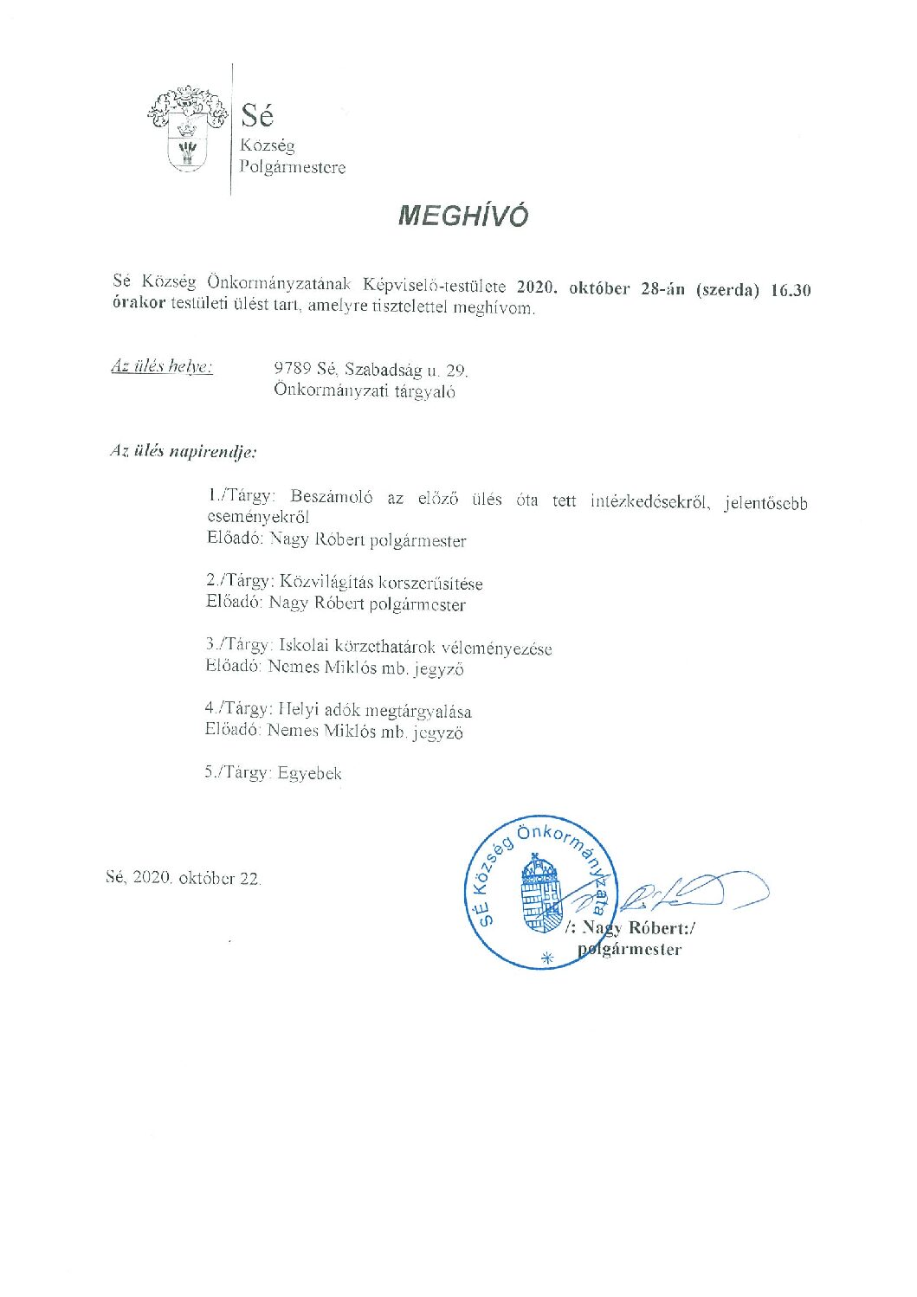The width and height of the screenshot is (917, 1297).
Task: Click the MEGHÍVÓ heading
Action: [462, 216]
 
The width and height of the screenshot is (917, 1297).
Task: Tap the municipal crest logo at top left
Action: [186, 128]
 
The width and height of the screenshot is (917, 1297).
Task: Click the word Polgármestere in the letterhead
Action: [292, 168]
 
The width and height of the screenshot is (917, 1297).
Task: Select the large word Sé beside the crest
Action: [256, 114]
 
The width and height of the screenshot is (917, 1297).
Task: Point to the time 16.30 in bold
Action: [790, 291]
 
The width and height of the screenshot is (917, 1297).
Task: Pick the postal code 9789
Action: [292, 370]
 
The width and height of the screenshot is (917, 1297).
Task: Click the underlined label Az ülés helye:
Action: [162, 366]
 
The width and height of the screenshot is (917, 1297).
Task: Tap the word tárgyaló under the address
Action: [425, 391]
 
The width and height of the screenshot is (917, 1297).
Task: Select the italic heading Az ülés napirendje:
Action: [183, 451]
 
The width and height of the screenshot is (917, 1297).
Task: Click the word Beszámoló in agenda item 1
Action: [332, 498]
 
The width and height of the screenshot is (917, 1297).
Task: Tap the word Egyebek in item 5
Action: [310, 773]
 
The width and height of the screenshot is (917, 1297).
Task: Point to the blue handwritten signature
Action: [693, 892]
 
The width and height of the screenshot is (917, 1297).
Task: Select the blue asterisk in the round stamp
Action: [546, 958]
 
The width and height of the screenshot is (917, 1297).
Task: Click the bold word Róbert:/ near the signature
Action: [662, 928]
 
